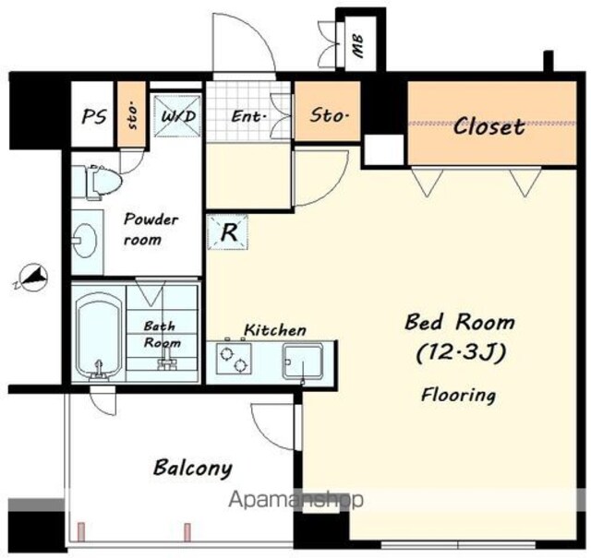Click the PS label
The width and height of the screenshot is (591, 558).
tap(94, 116)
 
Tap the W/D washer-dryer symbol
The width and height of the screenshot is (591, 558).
tap(177, 115)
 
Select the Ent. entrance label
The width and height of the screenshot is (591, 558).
tap(248, 116)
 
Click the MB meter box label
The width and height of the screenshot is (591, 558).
tap(357, 46)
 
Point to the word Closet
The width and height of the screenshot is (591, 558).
tap(488, 126)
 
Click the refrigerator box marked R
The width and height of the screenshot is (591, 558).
tap(228, 232)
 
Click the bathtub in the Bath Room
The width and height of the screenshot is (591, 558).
tap(99, 336)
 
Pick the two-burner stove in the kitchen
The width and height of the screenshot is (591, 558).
tap(234, 359)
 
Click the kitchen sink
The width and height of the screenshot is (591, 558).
tap(303, 362)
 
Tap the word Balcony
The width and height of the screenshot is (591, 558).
tap(193, 468)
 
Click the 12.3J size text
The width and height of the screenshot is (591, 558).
tap(461, 353)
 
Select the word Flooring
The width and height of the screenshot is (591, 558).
tap(458, 396)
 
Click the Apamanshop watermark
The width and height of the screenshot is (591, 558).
tap(296, 500)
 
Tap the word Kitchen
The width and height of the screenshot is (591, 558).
tap(275, 330)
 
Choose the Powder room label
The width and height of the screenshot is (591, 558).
tap(151, 230)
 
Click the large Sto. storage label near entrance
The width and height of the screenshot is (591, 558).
tap(329, 115)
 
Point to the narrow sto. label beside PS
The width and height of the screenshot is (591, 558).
tap(132, 115)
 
